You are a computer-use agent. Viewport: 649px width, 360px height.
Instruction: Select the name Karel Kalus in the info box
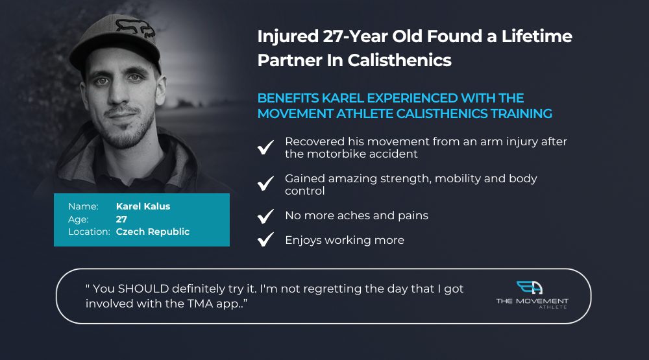click(x=143, y=206)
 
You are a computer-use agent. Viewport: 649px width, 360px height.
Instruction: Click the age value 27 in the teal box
click(x=121, y=219)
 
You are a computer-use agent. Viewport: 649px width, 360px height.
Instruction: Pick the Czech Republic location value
click(x=153, y=232)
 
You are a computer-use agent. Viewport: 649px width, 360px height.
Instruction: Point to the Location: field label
click(x=89, y=232)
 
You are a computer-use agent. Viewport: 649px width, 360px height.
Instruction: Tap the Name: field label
click(x=83, y=206)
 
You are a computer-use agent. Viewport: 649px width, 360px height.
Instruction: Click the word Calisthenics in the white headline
click(x=399, y=60)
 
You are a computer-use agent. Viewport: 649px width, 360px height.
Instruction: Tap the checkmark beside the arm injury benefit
click(x=265, y=147)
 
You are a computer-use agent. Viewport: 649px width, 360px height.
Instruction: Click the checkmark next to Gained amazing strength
click(x=265, y=184)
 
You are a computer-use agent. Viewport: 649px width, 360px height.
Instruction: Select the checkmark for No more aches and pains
click(x=265, y=216)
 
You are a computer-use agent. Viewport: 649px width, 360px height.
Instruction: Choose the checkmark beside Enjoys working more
click(x=265, y=239)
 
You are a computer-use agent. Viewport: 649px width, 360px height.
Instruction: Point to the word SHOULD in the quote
click(x=143, y=289)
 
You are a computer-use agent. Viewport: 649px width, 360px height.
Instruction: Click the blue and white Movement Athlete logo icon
click(x=530, y=287)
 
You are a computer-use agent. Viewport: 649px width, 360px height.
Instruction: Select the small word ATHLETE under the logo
click(x=553, y=307)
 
